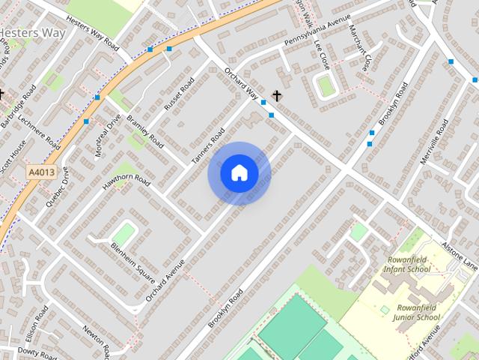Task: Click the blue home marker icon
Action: tap(239, 173)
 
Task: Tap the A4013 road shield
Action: tap(42, 172)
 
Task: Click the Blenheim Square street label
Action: tap(133, 259)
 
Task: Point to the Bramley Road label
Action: tap(144, 129)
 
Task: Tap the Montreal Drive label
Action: tap(108, 135)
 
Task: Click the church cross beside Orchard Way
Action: tap(278, 95)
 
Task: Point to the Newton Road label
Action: tap(97, 341)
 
